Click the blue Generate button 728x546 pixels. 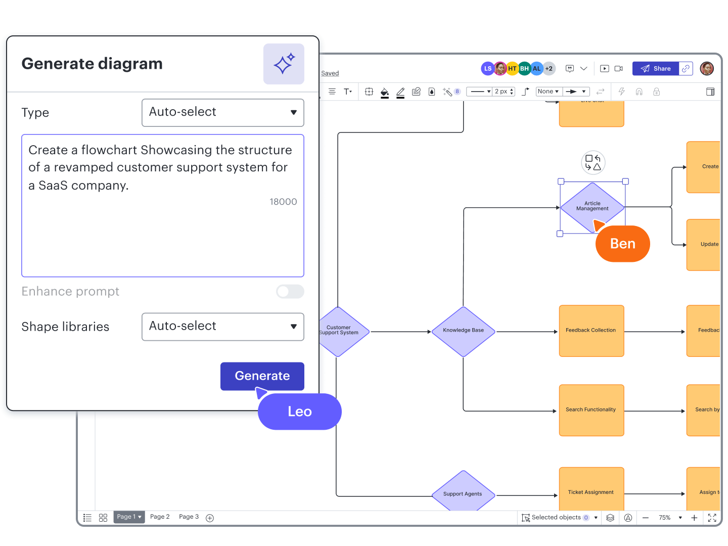(x=262, y=376)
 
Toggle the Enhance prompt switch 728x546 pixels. (x=290, y=291)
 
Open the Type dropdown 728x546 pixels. (x=222, y=112)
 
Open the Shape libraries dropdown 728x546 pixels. (x=222, y=327)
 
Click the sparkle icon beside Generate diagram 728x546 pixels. (x=284, y=64)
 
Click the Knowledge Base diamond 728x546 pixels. (x=463, y=331)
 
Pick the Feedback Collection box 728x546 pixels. (x=591, y=331)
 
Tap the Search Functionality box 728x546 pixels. (x=591, y=410)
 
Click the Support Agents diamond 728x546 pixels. (x=463, y=493)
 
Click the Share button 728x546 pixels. (x=656, y=69)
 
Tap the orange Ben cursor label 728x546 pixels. (x=622, y=244)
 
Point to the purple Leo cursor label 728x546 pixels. (x=299, y=412)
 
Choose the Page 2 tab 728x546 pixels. (x=160, y=517)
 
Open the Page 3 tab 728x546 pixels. (x=189, y=517)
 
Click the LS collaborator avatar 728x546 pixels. (x=487, y=69)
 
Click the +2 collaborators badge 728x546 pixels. (x=549, y=69)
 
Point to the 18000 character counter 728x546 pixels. (x=283, y=202)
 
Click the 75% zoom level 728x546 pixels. (x=664, y=518)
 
